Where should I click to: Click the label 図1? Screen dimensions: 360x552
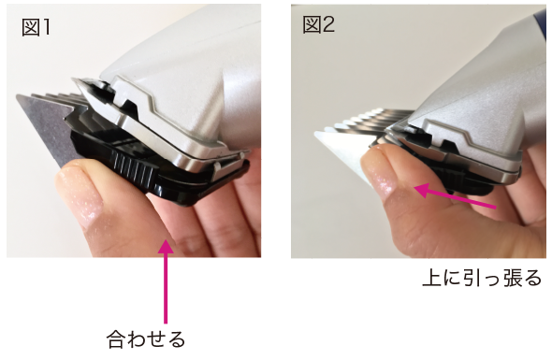[35, 27]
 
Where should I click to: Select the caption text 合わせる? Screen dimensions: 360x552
[145, 338]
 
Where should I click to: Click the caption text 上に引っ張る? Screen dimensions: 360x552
[482, 278]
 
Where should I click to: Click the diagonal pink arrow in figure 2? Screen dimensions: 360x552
[455, 197]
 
